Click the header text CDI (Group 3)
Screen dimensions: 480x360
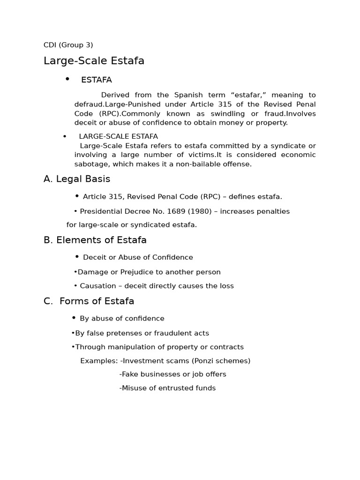click(68, 45)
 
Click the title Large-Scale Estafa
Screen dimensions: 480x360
click(94, 61)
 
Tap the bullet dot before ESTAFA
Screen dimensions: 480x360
click(67, 79)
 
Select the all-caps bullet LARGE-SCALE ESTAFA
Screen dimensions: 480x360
click(118, 136)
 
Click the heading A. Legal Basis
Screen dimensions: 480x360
click(77, 179)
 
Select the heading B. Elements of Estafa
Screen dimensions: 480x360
click(95, 240)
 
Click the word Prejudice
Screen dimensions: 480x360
click(137, 272)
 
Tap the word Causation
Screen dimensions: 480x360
click(97, 286)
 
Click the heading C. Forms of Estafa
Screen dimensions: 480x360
click(89, 301)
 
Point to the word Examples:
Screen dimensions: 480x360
click(99, 361)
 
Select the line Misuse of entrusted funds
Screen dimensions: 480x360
click(168, 388)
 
